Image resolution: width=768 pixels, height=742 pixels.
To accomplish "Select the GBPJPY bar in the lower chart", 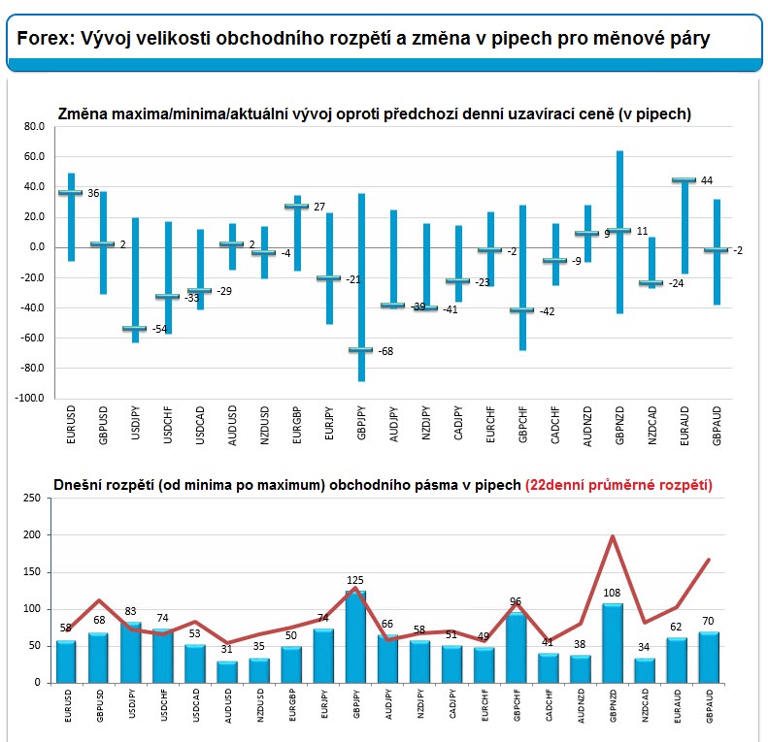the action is coord(355,637).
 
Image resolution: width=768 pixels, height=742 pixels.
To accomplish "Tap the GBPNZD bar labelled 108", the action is coord(613,643).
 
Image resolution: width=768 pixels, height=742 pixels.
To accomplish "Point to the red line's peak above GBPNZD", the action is coord(613,536).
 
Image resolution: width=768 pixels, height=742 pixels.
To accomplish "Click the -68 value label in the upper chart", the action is coord(385,351).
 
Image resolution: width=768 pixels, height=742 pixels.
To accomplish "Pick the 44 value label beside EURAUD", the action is coord(706,180).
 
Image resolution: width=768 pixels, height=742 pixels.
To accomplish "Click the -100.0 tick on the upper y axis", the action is coord(30,398).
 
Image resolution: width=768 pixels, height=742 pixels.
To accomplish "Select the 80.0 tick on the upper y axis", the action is coord(34,127).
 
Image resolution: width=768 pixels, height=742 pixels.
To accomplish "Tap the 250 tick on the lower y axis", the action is coord(32,498).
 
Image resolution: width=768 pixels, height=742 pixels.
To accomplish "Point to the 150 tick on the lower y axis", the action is coord(32,571).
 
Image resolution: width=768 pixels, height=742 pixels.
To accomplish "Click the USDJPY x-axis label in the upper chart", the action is coord(136,423).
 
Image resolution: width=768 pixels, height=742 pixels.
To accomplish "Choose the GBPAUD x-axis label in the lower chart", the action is coord(710,706).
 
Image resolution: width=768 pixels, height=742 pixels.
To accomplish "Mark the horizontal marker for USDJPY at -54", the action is coord(134,329).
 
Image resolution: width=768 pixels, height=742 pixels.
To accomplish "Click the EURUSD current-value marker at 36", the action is coord(71,193).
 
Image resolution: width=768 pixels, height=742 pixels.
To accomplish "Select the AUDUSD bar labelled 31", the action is coord(227,672).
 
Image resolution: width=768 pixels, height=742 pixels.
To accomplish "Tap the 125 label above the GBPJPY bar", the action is coord(355,580).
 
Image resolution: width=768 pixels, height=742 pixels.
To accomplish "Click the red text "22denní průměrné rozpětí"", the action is coord(618,485).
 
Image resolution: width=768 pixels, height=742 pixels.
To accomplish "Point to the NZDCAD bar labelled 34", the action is coord(644,670).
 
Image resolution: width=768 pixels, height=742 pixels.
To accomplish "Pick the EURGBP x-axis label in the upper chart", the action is coord(297,425).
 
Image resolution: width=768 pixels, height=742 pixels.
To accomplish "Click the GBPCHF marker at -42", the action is coord(522,310).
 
